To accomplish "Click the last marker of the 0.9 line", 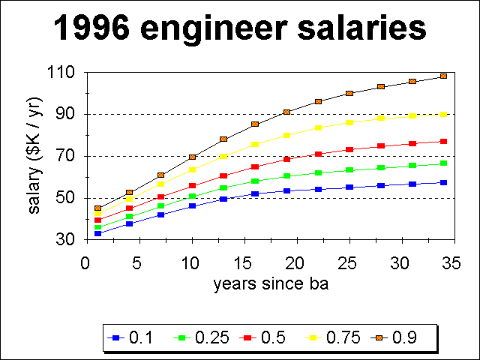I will click(443, 76).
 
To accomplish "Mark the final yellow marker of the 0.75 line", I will click(443, 114).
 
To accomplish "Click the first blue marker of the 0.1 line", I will click(98, 234).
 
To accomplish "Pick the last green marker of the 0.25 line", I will click(443, 163).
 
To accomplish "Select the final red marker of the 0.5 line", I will click(443, 141).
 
